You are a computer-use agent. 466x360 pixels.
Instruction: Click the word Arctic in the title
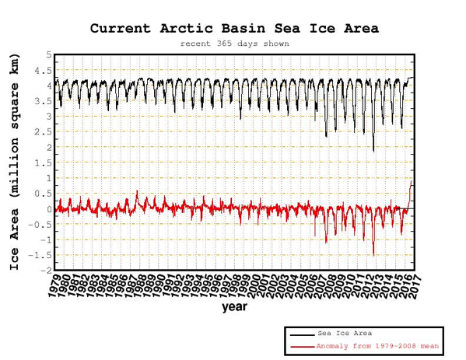[x=187, y=29]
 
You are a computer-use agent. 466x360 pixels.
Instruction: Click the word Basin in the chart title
[x=243, y=29]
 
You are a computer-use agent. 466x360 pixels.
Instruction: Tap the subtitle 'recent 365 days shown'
[x=234, y=44]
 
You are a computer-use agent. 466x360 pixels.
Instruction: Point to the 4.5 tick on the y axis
[x=43, y=71]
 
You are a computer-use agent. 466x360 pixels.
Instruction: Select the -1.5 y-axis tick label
[x=40, y=255]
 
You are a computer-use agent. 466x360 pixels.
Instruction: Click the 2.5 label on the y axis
[x=43, y=132]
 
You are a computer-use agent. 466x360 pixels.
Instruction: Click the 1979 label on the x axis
[x=55, y=286]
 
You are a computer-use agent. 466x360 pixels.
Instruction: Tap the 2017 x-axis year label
[x=414, y=286]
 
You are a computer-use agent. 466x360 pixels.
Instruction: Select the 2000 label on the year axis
[x=254, y=286]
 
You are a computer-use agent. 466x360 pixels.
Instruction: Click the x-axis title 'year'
[x=234, y=307]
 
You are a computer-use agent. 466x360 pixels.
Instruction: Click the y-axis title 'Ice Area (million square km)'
[x=14, y=162]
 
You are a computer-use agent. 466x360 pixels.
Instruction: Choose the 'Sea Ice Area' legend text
[x=345, y=334]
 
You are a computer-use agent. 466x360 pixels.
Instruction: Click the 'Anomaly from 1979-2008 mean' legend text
[x=377, y=346]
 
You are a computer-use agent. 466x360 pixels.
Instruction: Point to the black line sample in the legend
[x=303, y=335]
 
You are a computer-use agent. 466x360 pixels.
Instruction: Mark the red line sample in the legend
[x=303, y=347]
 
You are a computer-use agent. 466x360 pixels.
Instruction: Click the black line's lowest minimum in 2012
[x=373, y=152]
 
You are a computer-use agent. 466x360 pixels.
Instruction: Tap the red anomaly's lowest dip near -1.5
[x=373, y=255]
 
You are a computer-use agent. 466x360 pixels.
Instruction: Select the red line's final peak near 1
[x=412, y=181]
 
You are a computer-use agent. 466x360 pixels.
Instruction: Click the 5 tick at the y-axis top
[x=49, y=55]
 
